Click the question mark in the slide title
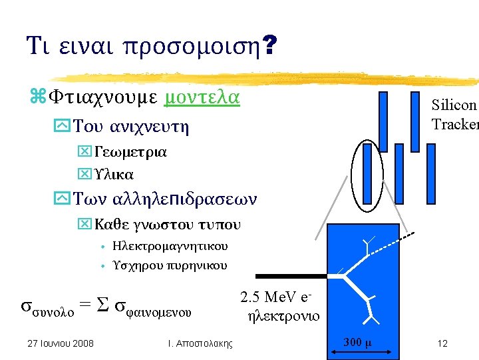tap(270, 46)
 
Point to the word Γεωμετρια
tap(130, 151)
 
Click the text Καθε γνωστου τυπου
tap(168, 224)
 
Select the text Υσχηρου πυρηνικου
tap(170, 265)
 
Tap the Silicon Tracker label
tap(454, 115)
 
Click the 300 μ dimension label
tap(358, 343)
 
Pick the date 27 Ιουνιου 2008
tap(60, 343)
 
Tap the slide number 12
tap(442, 343)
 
